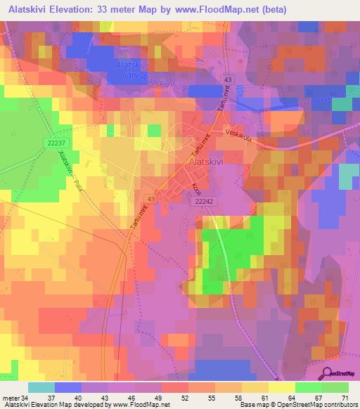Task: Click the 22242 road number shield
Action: coord(202,201)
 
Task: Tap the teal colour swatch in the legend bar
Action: coord(41,387)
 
